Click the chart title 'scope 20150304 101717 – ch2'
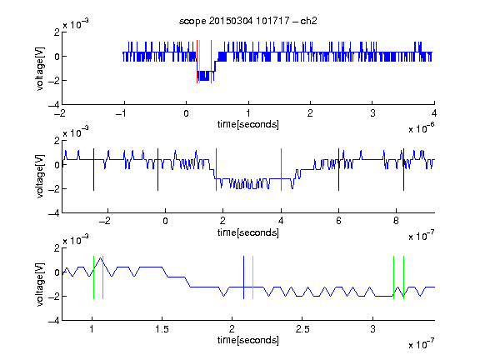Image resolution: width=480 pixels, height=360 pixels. tap(247, 21)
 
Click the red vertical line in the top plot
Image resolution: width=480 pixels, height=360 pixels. tap(197, 62)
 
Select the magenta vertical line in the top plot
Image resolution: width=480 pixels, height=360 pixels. tap(211, 62)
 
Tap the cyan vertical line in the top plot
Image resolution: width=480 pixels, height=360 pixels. tap(200, 62)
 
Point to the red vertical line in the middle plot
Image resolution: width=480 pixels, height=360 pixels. tap(216, 170)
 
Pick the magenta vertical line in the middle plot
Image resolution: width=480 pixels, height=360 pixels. tap(281, 170)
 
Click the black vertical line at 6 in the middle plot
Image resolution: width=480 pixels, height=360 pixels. tap(338, 170)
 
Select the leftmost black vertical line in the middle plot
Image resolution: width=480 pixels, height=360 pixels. tap(93, 170)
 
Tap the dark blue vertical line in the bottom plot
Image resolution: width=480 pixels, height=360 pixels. tap(243, 277)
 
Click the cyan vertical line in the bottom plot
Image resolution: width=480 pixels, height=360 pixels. tap(252, 277)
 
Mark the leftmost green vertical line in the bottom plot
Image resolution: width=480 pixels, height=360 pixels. tap(93, 277)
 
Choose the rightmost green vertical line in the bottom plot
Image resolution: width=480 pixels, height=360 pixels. tap(404, 277)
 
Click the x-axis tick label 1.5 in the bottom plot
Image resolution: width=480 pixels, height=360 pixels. tap(162, 329)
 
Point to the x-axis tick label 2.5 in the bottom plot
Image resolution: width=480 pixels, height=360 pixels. tap(302, 329)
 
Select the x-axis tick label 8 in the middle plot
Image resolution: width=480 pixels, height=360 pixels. tap(396, 221)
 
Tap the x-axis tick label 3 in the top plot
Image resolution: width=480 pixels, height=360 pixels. tap(372, 113)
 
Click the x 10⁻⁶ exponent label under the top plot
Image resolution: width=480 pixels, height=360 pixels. tap(422, 128)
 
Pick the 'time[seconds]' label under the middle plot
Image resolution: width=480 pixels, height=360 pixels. tap(248, 232)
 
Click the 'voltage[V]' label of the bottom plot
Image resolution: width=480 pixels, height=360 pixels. tap(40, 285)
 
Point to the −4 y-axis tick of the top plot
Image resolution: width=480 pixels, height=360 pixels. tap(54, 104)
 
